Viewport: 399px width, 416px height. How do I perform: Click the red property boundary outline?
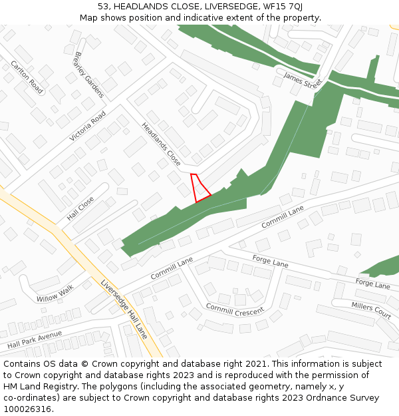point(199,188)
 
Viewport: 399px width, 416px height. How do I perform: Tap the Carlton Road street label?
point(27,77)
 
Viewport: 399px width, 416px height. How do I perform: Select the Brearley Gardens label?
point(90,75)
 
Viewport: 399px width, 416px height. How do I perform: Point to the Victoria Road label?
point(88,126)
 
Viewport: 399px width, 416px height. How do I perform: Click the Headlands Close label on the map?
point(161,144)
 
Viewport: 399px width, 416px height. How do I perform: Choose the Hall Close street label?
point(80,208)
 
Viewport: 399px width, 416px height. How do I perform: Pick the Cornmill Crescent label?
point(235,310)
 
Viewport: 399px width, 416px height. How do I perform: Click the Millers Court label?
point(371,309)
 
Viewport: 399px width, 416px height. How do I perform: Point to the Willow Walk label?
point(55,293)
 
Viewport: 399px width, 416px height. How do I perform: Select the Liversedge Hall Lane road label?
point(124,309)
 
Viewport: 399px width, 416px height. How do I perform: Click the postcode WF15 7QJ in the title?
point(283,6)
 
